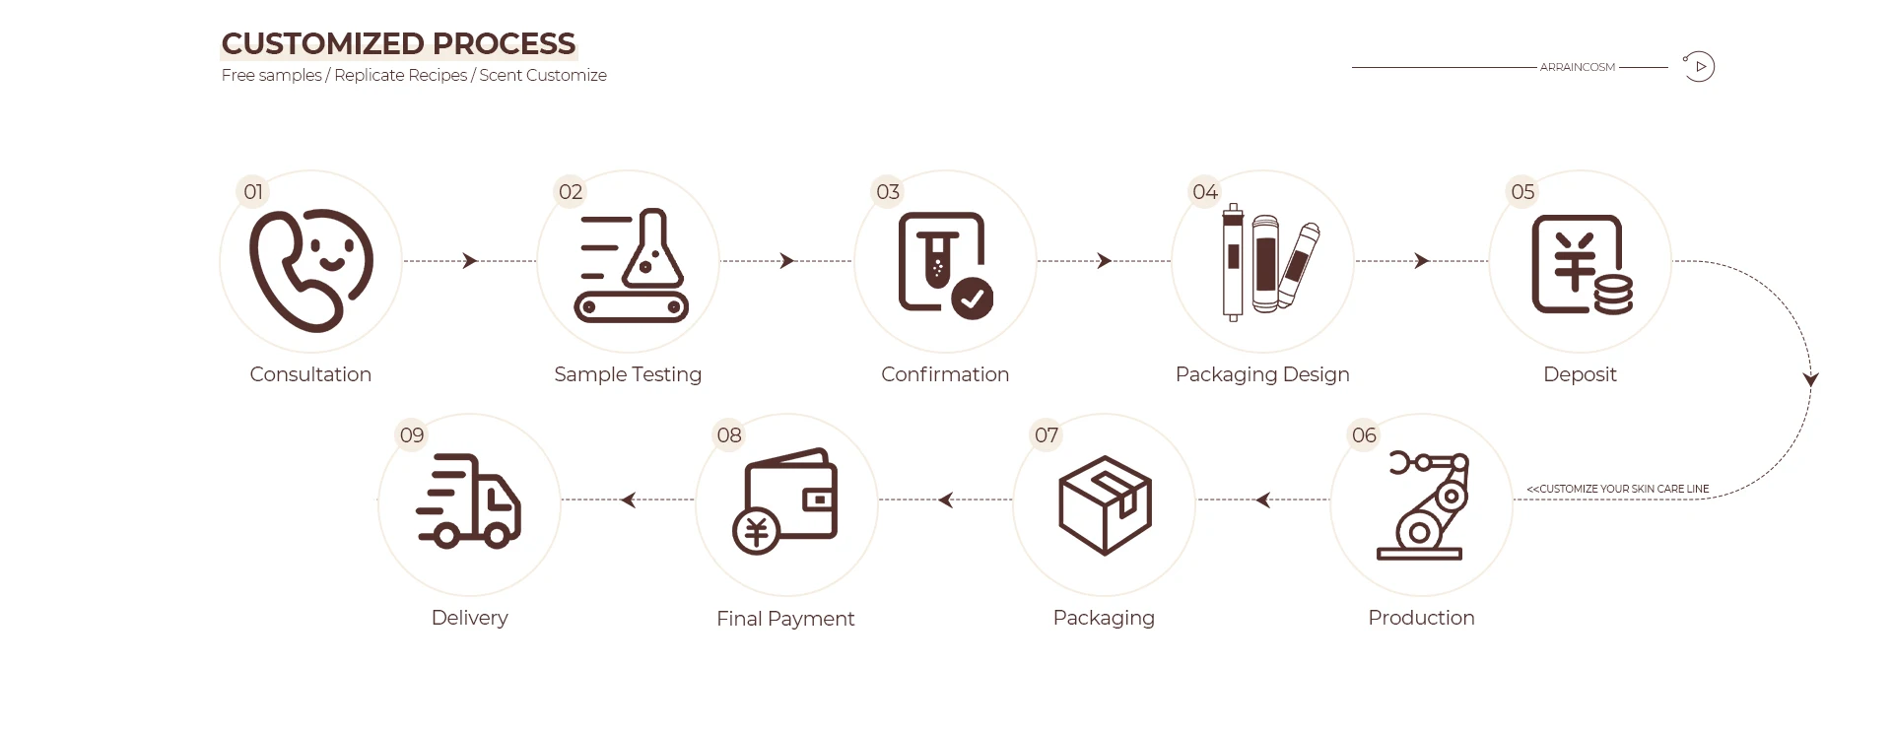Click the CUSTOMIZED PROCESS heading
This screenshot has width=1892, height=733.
pyautogui.click(x=398, y=44)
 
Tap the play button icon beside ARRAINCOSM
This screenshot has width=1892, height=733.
pyautogui.click(x=1700, y=67)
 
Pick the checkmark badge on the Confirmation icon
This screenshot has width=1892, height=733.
pyautogui.click(x=973, y=298)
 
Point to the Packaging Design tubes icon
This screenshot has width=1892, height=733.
pyautogui.click(x=1266, y=262)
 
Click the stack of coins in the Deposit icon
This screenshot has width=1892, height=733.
pyautogui.click(x=1612, y=295)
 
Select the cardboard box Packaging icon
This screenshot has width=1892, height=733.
pyautogui.click(x=1105, y=504)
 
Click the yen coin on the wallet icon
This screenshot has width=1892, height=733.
pyautogui.click(x=756, y=532)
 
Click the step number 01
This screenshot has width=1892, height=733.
pyautogui.click(x=253, y=192)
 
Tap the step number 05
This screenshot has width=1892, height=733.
pyautogui.click(x=1522, y=192)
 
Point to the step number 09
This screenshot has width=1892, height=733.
pyautogui.click(x=412, y=435)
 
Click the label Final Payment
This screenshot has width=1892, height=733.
pyautogui.click(x=785, y=619)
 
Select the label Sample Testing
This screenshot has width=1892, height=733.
pyautogui.click(x=628, y=374)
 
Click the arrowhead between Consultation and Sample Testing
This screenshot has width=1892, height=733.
pyautogui.click(x=470, y=261)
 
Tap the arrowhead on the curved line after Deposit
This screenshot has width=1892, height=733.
pyautogui.click(x=1810, y=379)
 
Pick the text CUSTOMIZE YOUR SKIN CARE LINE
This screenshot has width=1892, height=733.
pyautogui.click(x=1618, y=489)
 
